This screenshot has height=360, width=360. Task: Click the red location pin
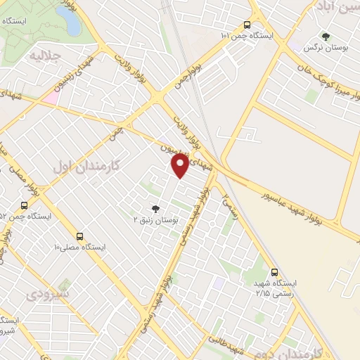(180, 165)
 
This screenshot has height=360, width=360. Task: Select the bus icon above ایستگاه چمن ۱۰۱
(245, 23)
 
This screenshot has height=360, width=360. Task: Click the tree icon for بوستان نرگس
(325, 37)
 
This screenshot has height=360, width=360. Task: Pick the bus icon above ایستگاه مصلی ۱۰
(79, 236)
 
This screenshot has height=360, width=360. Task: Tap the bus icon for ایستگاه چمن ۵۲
(25, 205)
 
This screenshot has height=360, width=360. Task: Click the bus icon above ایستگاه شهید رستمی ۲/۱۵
(274, 272)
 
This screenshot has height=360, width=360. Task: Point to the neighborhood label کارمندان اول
(87, 166)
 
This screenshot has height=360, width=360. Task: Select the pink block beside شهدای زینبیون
(50, 98)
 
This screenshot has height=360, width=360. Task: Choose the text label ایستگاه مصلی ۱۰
(79, 247)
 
